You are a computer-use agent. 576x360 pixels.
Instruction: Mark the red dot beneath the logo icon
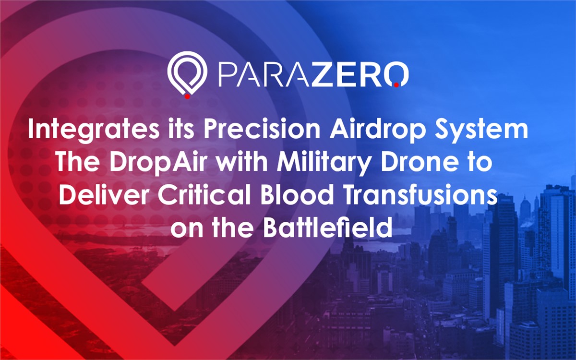[x=188, y=96]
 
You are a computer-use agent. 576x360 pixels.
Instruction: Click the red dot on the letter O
[x=396, y=84]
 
